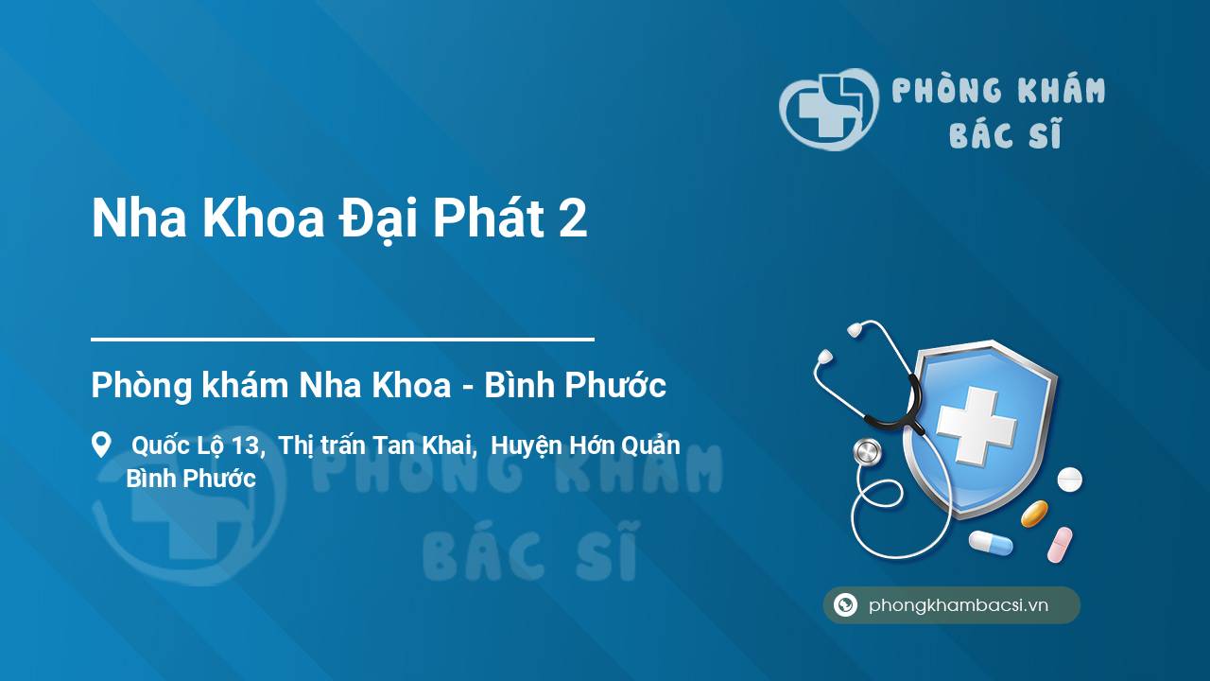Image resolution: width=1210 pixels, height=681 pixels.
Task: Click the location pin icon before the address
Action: coord(101,445)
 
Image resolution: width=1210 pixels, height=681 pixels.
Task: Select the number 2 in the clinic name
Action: coord(573,219)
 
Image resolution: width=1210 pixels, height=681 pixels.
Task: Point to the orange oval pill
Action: coord(1034,514)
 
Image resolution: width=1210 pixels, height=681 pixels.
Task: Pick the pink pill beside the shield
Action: coord(1060,544)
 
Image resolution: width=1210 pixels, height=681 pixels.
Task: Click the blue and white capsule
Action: coord(990,543)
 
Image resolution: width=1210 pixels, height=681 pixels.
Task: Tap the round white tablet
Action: coord(1069,480)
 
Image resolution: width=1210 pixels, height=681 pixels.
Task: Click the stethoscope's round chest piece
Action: coord(866,452)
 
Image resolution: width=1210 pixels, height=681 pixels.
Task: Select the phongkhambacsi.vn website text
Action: coord(959,605)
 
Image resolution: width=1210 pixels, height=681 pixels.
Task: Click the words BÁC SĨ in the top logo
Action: coord(1005,135)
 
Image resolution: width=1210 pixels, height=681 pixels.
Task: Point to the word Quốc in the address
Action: coord(159,445)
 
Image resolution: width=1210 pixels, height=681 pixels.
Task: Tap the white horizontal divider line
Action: coord(342,338)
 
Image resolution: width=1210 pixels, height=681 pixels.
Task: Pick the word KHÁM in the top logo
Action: coord(1062,91)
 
